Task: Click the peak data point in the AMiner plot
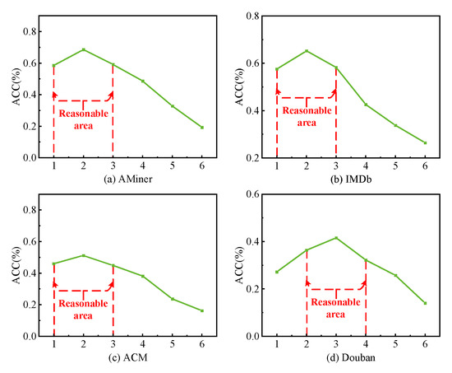[x=83, y=49]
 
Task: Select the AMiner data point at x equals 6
[x=201, y=128]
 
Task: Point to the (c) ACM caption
[x=127, y=359]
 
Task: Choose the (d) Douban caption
[x=351, y=359]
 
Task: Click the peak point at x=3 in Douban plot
[x=336, y=238]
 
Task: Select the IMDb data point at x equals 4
[x=366, y=105]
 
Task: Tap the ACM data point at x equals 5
[x=172, y=299]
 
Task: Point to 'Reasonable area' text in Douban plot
[x=336, y=307]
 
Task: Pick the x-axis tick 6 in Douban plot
[x=425, y=345]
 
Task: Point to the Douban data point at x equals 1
[x=277, y=272]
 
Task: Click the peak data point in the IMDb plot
[x=307, y=51]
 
